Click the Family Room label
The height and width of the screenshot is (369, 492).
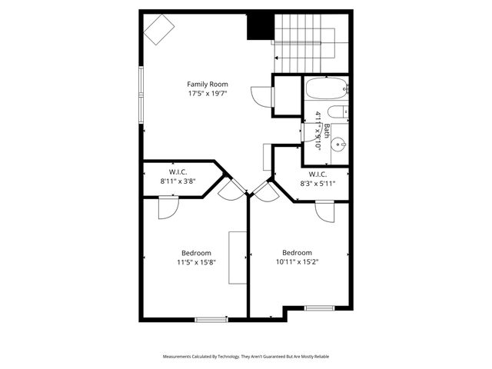(208, 84)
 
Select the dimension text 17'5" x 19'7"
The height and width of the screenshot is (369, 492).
(208, 94)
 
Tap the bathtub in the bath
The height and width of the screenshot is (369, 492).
(327, 89)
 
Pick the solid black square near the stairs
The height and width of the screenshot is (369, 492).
(260, 27)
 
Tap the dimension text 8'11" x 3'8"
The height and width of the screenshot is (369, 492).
(178, 181)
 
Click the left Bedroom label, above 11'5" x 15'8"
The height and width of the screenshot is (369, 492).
(196, 252)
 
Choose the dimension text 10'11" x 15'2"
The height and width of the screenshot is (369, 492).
(297, 261)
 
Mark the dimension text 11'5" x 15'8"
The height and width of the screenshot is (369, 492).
(196, 261)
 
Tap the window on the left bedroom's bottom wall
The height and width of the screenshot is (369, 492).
(211, 318)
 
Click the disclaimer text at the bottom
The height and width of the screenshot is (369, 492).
(246, 357)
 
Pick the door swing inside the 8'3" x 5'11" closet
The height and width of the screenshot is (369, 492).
(324, 211)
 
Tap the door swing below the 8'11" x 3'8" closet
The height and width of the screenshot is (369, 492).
(168, 208)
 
